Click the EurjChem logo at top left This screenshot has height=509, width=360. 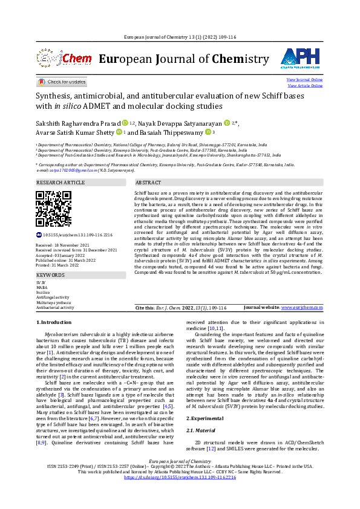click(x=57, y=59)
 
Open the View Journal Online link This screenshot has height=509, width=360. click(x=304, y=80)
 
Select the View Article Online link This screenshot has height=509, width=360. click(x=305, y=86)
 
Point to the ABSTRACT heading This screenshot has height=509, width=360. click(x=148, y=182)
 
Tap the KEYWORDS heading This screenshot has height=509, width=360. click(x=50, y=274)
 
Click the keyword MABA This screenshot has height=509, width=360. click(x=41, y=287)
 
